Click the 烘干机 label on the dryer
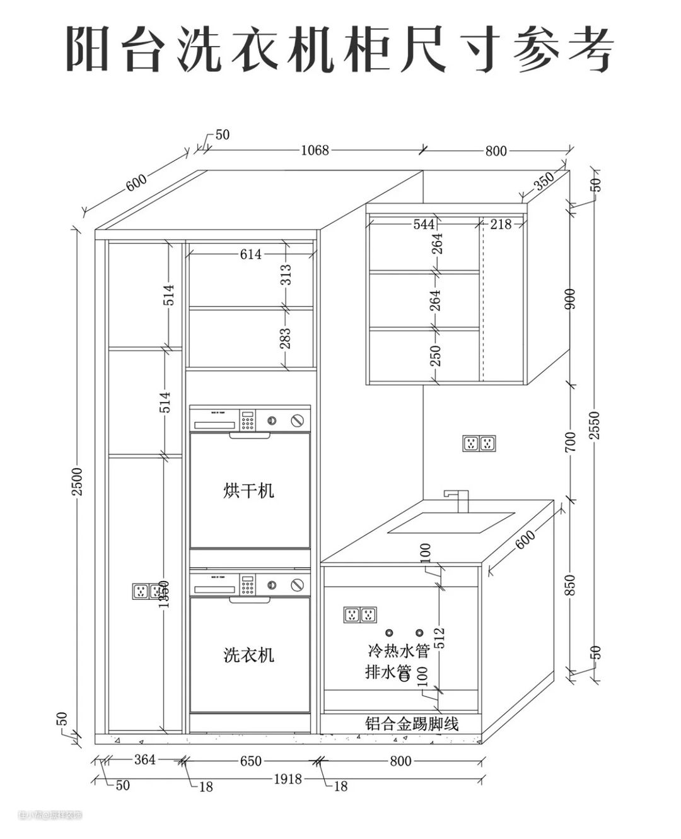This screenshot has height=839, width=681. (x=249, y=490)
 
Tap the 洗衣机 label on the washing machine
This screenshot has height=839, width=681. (x=249, y=655)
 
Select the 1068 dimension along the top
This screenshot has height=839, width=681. (x=315, y=150)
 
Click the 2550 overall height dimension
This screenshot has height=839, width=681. (x=595, y=425)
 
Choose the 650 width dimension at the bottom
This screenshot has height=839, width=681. (x=250, y=761)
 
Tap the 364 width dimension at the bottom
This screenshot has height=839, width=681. (x=145, y=760)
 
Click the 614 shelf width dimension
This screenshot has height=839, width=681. (x=250, y=254)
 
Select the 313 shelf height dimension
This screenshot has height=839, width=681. (x=286, y=276)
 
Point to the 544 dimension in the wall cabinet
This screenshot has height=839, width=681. (x=424, y=224)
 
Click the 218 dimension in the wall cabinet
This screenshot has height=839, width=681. (x=501, y=224)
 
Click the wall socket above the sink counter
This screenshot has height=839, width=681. (x=479, y=443)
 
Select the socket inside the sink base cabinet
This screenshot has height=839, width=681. (x=360, y=614)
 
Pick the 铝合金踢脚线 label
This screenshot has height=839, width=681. (x=412, y=724)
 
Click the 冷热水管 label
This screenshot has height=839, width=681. (x=399, y=650)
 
